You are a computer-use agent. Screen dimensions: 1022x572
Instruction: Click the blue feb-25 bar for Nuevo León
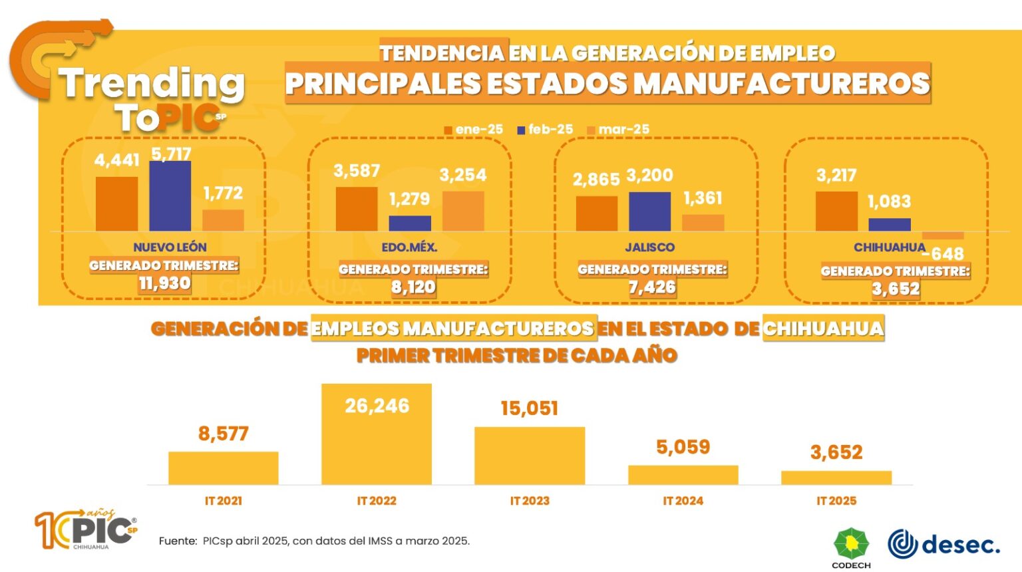click(x=170, y=196)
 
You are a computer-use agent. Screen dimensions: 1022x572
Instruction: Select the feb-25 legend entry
click(x=545, y=130)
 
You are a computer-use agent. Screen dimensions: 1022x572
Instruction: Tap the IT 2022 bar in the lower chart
click(x=377, y=434)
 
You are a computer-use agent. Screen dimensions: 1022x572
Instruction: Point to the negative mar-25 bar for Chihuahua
click(x=943, y=235)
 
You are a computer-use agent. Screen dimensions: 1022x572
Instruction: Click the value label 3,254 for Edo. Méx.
click(x=463, y=175)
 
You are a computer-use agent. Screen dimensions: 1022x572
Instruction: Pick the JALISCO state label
click(x=649, y=247)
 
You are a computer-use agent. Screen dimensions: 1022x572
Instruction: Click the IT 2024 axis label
click(x=683, y=501)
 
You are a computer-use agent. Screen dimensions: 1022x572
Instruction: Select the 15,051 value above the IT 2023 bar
click(x=529, y=408)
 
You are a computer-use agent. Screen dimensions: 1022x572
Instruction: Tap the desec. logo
click(x=943, y=544)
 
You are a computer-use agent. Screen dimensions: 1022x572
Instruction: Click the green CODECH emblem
click(x=852, y=543)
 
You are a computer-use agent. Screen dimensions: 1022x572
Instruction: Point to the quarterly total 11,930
click(x=165, y=283)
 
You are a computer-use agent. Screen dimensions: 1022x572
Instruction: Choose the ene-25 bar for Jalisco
click(x=596, y=214)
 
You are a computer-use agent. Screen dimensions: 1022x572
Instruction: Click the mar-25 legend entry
click(x=618, y=130)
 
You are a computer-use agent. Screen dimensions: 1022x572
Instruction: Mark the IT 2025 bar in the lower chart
click(x=836, y=478)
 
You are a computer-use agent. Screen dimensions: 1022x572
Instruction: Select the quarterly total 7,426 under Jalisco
click(x=652, y=287)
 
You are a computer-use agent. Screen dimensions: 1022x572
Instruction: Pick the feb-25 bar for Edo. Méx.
click(x=410, y=223)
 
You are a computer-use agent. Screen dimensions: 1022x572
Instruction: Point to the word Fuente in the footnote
click(x=177, y=541)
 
